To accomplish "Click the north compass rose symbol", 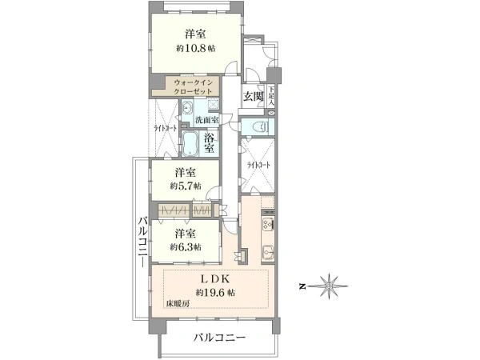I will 330,285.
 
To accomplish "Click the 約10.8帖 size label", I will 196,48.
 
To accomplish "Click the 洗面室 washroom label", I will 206,120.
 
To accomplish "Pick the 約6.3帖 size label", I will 186,246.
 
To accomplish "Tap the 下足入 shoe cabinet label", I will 273,96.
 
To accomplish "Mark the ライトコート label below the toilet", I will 259,166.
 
